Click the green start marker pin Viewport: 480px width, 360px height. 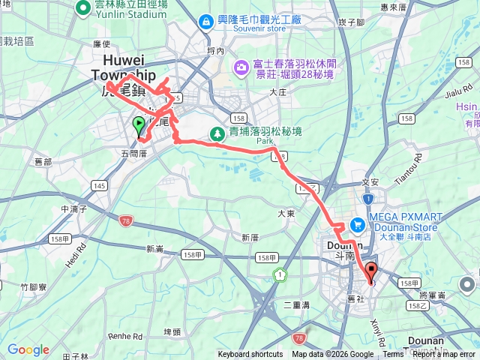(x=139, y=126)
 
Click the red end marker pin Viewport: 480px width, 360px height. (x=371, y=272)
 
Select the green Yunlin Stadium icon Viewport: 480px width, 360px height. (x=83, y=8)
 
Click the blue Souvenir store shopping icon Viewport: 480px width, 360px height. (x=205, y=22)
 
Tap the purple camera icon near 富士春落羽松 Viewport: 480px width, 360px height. (x=241, y=67)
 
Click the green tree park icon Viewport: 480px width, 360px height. (x=217, y=133)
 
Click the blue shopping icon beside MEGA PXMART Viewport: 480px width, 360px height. (x=357, y=224)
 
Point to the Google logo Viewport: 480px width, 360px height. (x=28, y=349)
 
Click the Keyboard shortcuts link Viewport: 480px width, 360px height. (x=250, y=355)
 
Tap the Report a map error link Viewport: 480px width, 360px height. (x=445, y=355)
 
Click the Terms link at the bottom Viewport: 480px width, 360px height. (x=393, y=355)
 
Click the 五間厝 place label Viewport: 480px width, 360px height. (x=133, y=153)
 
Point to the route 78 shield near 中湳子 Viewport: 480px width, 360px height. (x=124, y=218)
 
